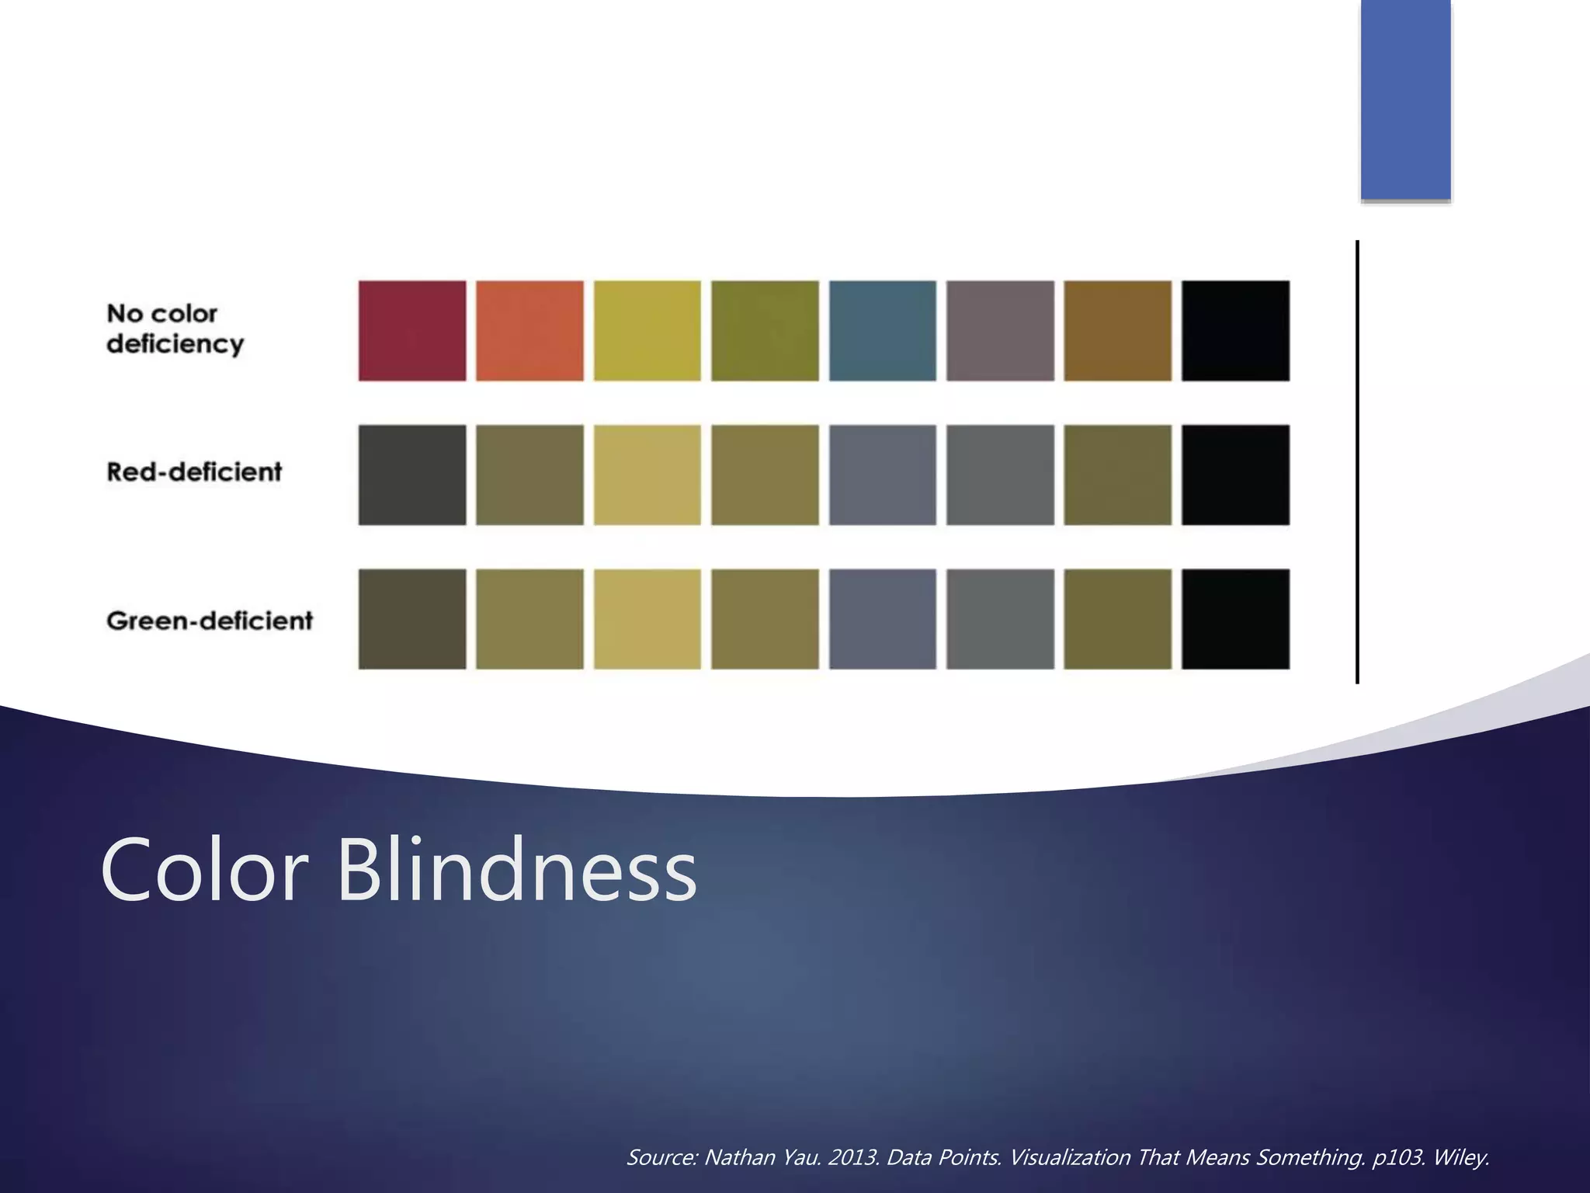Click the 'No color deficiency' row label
click(175, 329)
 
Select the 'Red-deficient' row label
click(194, 471)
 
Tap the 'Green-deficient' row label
click(210, 621)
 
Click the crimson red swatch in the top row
click(412, 331)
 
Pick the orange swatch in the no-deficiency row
click(529, 331)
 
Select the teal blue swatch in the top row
click(883, 331)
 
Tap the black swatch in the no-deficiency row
click(1235, 331)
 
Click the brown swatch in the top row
click(1117, 331)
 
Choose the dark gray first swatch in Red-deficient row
click(412, 475)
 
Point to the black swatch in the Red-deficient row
click(1235, 475)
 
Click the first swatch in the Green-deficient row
click(412, 619)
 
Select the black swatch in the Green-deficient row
click(1235, 619)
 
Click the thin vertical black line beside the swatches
click(1357, 462)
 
